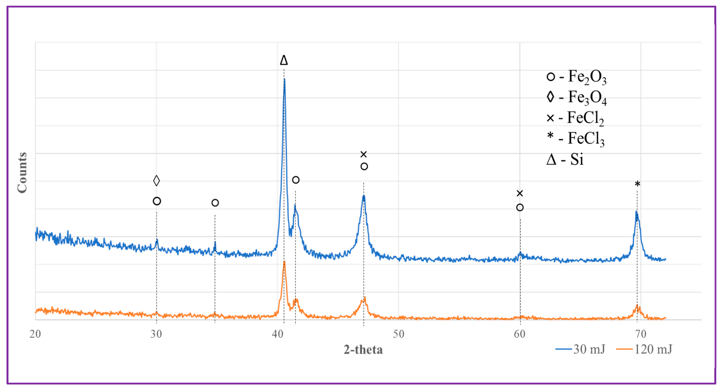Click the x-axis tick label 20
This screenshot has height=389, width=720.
click(35, 334)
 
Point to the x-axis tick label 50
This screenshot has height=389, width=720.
click(399, 334)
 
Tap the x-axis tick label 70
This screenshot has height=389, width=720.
click(641, 334)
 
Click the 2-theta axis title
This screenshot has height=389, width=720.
click(363, 350)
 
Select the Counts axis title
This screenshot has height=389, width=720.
click(22, 173)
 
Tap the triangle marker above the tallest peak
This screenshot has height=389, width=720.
click(284, 60)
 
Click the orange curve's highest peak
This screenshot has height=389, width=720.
click(284, 262)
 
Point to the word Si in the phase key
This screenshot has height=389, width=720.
click(577, 160)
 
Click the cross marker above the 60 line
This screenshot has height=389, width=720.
click(520, 193)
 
